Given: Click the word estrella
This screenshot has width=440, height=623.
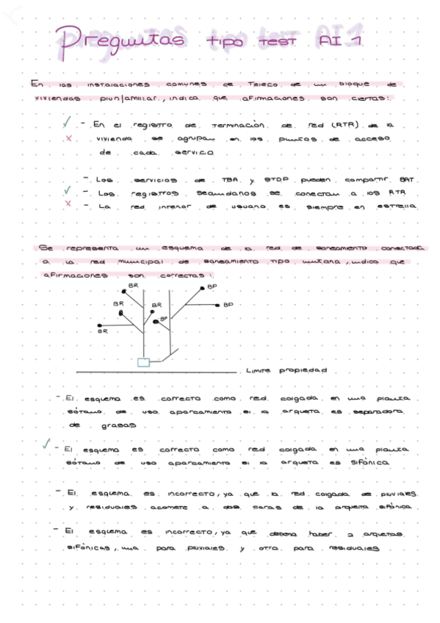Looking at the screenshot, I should (397, 206).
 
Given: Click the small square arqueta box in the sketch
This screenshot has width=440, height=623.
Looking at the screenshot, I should (144, 361).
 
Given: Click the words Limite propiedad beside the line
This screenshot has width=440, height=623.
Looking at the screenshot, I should (286, 370).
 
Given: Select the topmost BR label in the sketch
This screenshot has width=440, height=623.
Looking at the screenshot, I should (133, 285).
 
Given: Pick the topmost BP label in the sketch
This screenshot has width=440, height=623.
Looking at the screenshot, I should (212, 287).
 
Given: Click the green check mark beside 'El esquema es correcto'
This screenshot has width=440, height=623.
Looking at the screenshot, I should (46, 444).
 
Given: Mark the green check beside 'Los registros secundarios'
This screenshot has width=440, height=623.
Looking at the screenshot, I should (68, 191).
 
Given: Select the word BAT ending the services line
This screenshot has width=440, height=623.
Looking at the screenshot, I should (406, 180).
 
